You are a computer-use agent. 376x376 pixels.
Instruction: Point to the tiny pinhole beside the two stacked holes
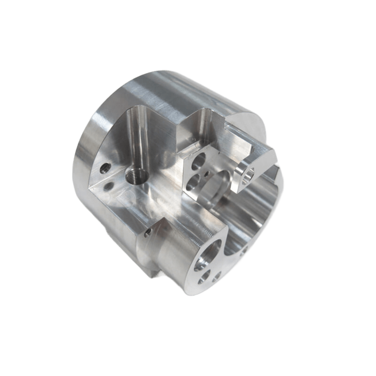pos(207,175)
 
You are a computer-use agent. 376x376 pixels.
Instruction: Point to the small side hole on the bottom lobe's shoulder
pos(149,232)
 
